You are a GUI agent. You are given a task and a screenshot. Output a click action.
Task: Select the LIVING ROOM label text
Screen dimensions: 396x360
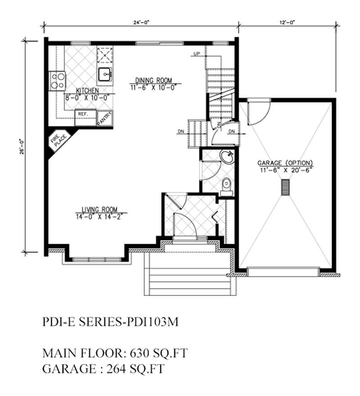click(99, 209)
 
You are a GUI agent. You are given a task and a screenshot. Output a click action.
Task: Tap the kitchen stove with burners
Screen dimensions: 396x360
click(57, 81)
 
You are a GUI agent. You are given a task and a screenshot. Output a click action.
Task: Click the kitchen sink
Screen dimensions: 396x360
click(105, 73)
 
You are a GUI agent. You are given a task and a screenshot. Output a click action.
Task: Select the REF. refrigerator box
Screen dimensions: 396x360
click(83, 114)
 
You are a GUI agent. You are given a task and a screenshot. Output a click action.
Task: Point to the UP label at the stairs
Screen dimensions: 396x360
click(196, 54)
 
